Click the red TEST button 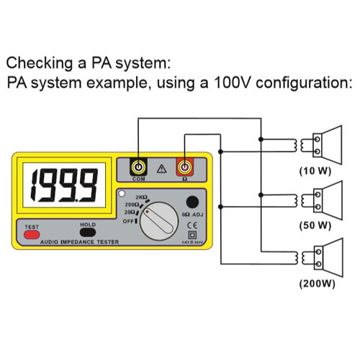coord(32,235)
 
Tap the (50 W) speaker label coord(315,225)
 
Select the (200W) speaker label coord(317,283)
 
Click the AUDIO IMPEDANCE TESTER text coord(79,243)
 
